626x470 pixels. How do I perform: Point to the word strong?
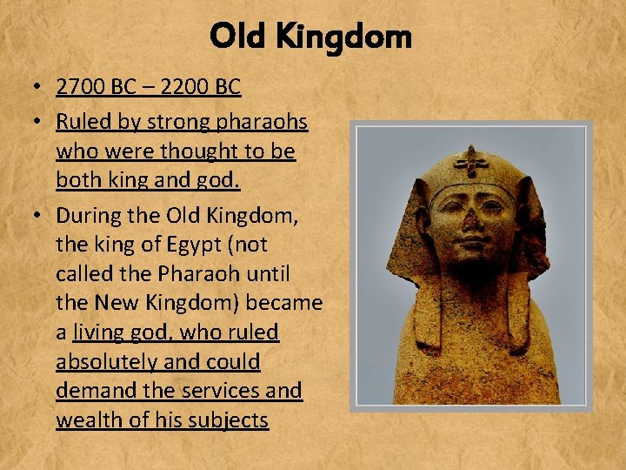(x=175, y=120)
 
